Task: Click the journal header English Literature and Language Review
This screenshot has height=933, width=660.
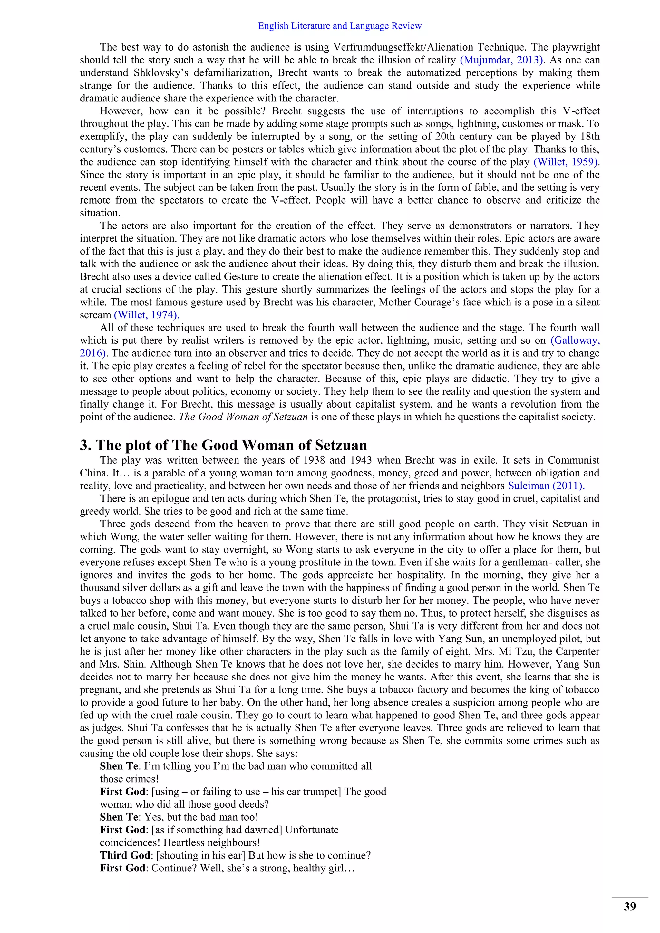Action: (x=340, y=26)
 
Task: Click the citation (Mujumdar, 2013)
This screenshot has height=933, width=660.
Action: (x=501, y=60)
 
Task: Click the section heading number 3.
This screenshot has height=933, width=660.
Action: (x=85, y=445)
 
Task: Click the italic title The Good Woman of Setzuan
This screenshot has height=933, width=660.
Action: (x=243, y=417)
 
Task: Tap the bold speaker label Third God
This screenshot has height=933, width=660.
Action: (x=125, y=855)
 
